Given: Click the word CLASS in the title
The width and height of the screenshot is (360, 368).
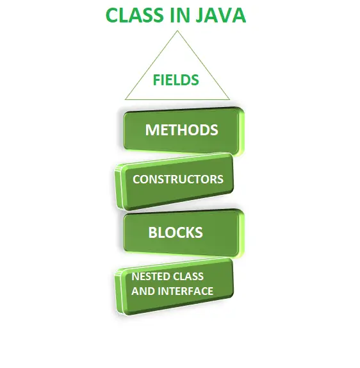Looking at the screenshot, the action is point(135,15).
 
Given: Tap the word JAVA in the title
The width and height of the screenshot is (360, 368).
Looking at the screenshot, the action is point(221,15).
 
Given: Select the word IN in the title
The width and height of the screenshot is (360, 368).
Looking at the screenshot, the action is point(179,15).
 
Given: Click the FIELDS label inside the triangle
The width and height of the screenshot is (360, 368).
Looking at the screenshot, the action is point(176,79).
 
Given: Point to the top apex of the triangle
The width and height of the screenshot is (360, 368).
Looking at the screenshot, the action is point(177,31).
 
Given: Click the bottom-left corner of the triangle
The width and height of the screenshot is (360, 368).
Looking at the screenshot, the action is point(126,100).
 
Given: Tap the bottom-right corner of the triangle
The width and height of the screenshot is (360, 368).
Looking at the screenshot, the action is point(229,100).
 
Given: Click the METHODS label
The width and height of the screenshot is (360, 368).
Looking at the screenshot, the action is point(181,130).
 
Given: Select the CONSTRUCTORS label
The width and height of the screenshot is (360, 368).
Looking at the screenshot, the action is point(178,180).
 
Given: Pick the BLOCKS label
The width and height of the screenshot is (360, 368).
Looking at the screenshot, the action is point(176,233).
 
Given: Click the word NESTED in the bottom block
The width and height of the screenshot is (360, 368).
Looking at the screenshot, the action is point(149,276).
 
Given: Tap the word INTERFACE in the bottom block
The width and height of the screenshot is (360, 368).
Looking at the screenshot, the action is point(186,291).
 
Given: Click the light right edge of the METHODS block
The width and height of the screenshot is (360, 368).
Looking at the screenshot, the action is point(241,132).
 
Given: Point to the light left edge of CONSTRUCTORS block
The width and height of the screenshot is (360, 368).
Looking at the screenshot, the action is point(119,187).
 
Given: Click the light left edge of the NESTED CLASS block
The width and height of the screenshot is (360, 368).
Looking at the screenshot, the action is point(119,292).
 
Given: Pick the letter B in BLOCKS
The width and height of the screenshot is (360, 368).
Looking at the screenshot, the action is point(152,233).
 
